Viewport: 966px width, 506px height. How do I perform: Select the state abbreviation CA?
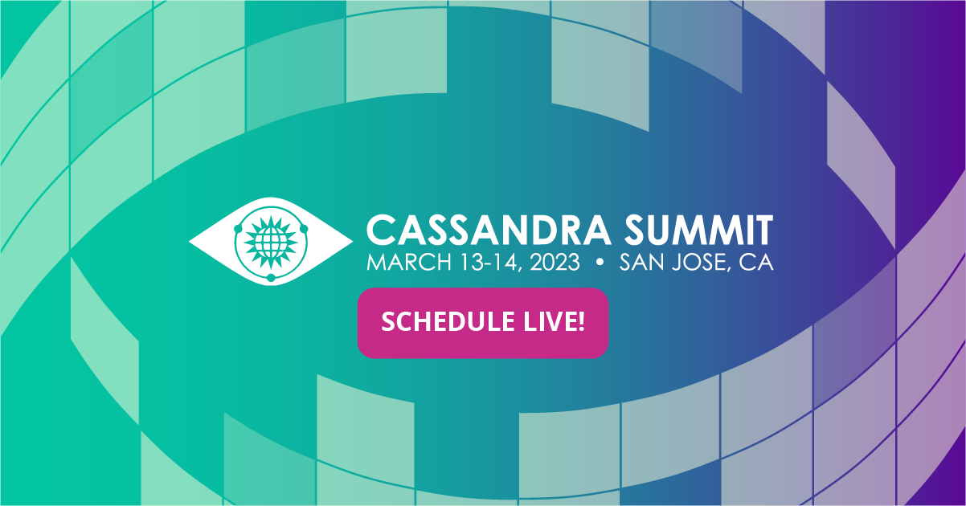coord(756,263)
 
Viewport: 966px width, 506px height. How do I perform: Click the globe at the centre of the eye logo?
coord(271,239)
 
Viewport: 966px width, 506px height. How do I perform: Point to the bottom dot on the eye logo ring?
coord(271,278)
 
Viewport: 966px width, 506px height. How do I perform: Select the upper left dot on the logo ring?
coord(239,229)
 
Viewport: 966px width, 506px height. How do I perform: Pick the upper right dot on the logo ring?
coord(304,229)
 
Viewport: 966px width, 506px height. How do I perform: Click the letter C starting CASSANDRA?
coord(380,231)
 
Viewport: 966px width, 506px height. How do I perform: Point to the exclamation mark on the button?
coord(580,322)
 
